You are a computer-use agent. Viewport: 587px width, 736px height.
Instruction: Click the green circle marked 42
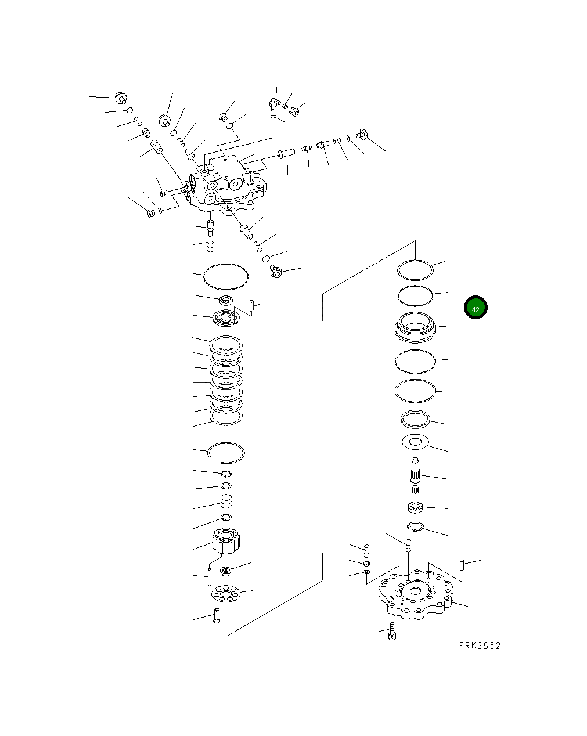475,308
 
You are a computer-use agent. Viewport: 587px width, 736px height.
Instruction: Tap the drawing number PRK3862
479,645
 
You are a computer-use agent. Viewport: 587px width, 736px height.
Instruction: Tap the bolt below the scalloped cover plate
392,633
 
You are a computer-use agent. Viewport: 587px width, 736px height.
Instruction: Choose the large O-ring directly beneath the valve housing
226,276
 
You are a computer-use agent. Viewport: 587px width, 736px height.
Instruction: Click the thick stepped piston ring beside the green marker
415,327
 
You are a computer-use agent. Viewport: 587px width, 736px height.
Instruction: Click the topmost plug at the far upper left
121,98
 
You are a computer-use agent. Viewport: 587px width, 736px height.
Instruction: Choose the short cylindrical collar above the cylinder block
226,500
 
